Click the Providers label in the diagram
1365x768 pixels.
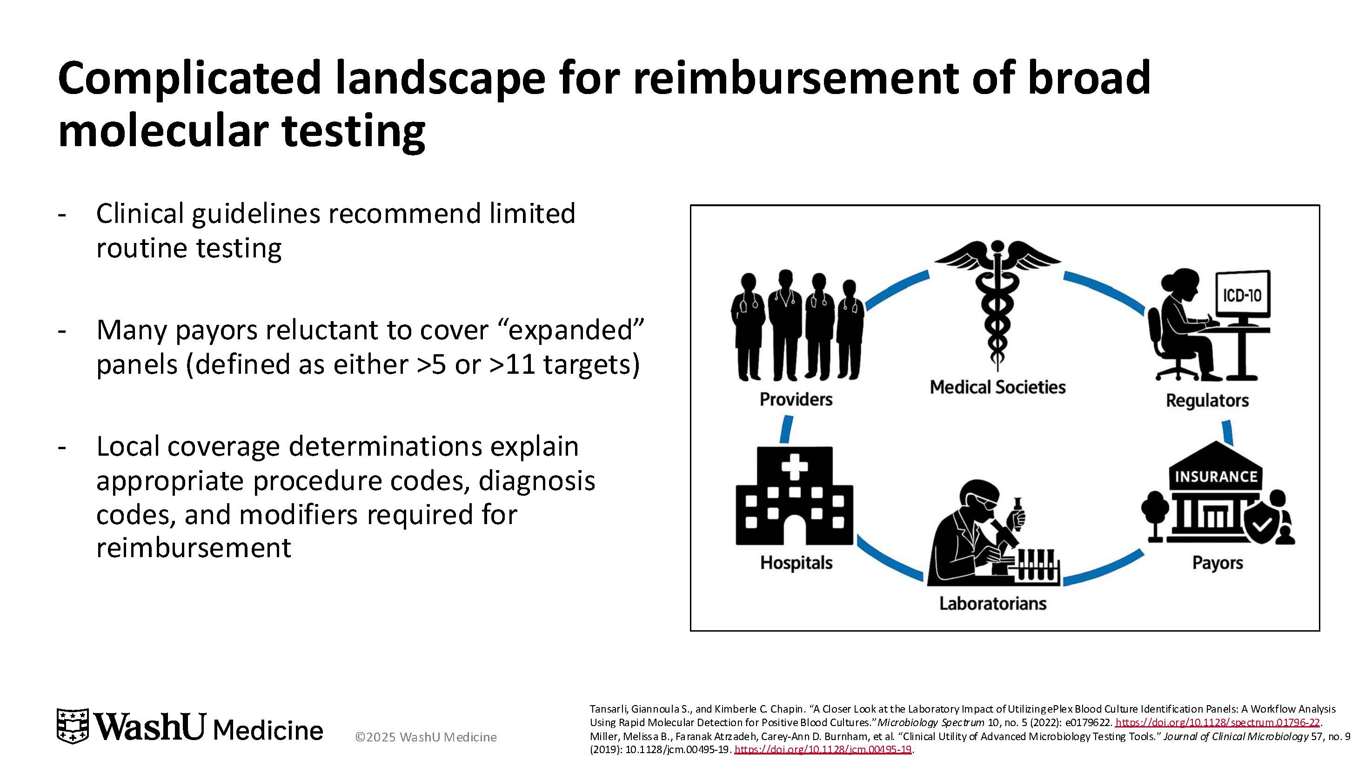tap(796, 399)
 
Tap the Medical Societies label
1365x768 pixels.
tap(997, 387)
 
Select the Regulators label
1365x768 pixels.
tap(1207, 400)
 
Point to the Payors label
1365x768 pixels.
tap(1217, 562)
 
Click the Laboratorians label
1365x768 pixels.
tap(992, 603)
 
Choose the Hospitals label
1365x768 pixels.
tap(796, 562)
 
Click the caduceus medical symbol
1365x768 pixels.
tap(997, 302)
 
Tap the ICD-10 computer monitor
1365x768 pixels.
tap(1242, 295)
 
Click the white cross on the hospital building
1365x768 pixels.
tap(794, 467)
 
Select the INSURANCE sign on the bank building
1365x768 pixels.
tap(1216, 477)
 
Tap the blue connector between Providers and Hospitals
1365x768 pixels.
tap(787, 429)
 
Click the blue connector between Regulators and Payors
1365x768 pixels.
tap(1227, 432)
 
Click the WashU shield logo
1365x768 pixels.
tap(73, 726)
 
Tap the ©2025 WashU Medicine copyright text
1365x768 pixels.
tap(426, 737)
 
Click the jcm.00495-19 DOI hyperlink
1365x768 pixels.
tap(823, 749)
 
